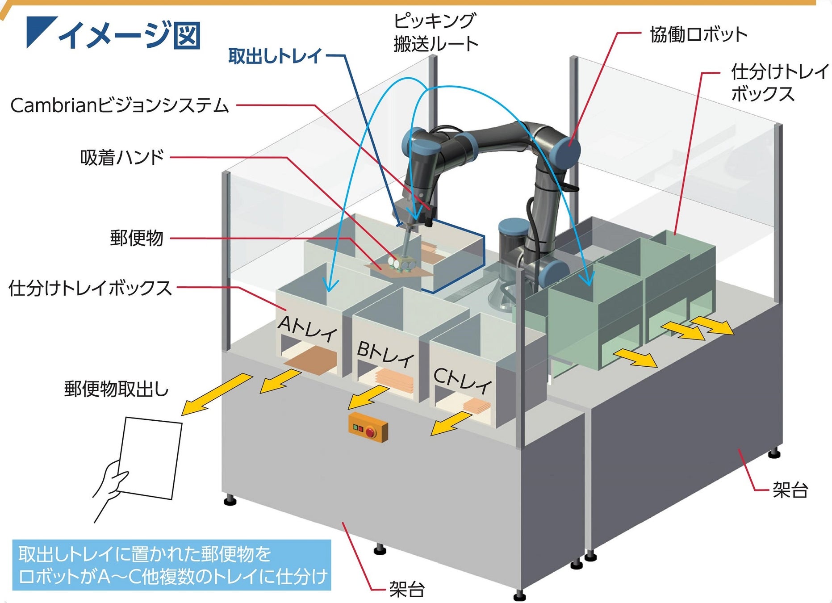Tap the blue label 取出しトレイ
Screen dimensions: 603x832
tap(275, 56)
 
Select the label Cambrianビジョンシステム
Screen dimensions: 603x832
tap(119, 105)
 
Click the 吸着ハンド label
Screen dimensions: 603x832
tap(122, 157)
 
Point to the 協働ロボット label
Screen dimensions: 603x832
tap(698, 34)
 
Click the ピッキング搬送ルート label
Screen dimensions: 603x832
tap(435, 33)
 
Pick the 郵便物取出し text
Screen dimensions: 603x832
tap(116, 389)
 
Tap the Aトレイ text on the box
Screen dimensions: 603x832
tap(308, 328)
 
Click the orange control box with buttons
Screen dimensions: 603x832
tap(368, 428)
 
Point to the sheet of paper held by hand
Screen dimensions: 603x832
tap(151, 457)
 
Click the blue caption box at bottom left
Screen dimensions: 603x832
tap(171, 565)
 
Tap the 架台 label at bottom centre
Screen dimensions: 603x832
tap(406, 589)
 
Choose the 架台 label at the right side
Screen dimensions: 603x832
tap(790, 490)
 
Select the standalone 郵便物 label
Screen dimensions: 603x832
tap(137, 238)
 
